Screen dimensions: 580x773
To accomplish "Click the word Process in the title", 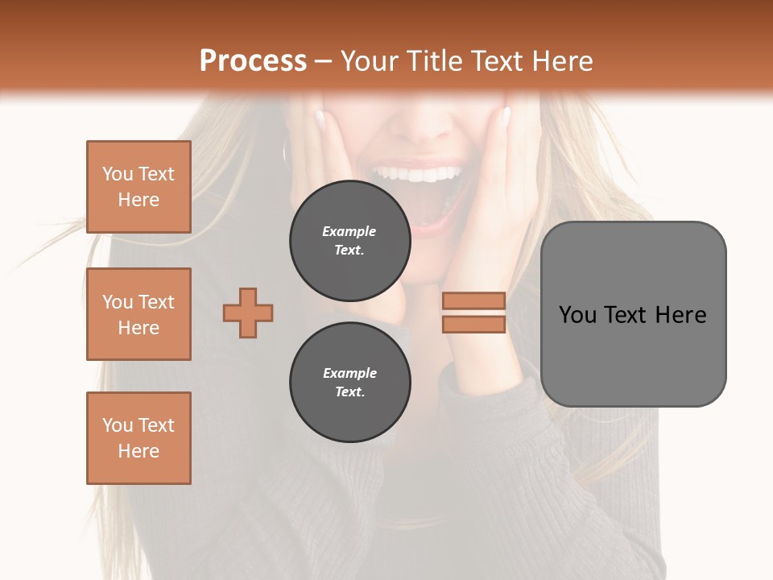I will coord(253,60).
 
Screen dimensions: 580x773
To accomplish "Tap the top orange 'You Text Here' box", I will coord(138,187).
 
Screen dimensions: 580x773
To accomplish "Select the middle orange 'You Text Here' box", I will coord(138,314).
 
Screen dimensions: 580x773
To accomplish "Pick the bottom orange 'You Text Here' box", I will coord(138,438).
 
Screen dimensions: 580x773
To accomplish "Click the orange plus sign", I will coord(248,313).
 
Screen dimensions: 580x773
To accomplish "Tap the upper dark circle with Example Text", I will coord(349,240).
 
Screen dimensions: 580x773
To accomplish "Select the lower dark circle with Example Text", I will coord(349,382).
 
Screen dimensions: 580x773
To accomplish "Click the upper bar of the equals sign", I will coord(473,300).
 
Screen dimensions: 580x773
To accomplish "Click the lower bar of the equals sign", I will coord(473,324).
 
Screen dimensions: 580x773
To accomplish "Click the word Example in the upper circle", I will coord(349,231).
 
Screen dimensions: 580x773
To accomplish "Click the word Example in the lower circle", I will coord(349,373).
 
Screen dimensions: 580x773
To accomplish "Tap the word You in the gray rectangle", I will coord(577,315).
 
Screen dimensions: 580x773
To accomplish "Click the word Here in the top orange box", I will coord(138,200).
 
